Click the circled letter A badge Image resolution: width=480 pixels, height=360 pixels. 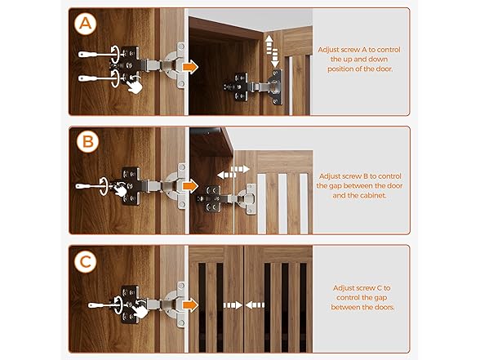tap(86, 24)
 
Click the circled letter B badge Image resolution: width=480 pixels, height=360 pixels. tap(88, 142)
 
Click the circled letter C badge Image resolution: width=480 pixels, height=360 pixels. tap(86, 261)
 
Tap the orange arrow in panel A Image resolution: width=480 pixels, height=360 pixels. tap(190, 67)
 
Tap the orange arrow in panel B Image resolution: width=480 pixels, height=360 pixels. tap(190, 186)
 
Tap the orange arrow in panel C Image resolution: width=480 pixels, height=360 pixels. tap(190, 305)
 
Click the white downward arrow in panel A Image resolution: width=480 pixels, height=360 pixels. tap(275, 58)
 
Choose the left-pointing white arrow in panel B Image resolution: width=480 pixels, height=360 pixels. tap(226, 175)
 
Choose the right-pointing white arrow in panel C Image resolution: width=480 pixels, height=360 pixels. tap(233, 305)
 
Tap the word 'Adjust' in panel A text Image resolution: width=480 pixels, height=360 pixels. tap(328, 50)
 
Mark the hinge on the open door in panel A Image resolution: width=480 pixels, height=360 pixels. tap(254, 87)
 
